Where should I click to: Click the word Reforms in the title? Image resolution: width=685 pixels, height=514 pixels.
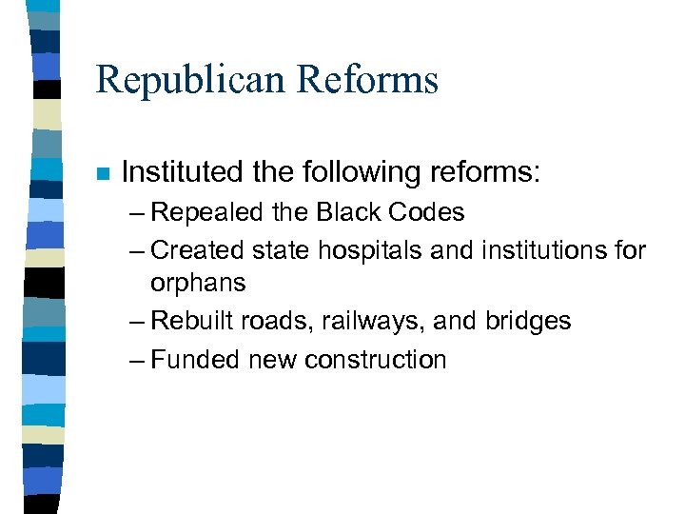tap(373, 80)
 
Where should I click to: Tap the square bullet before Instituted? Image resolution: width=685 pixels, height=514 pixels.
tap(104, 174)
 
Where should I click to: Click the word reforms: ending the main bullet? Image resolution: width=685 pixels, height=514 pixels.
tap(485, 172)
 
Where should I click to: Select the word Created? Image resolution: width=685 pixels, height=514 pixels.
tap(198, 250)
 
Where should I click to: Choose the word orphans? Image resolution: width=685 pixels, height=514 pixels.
tap(198, 284)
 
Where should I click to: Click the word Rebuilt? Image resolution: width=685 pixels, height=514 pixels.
tap(193, 322)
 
